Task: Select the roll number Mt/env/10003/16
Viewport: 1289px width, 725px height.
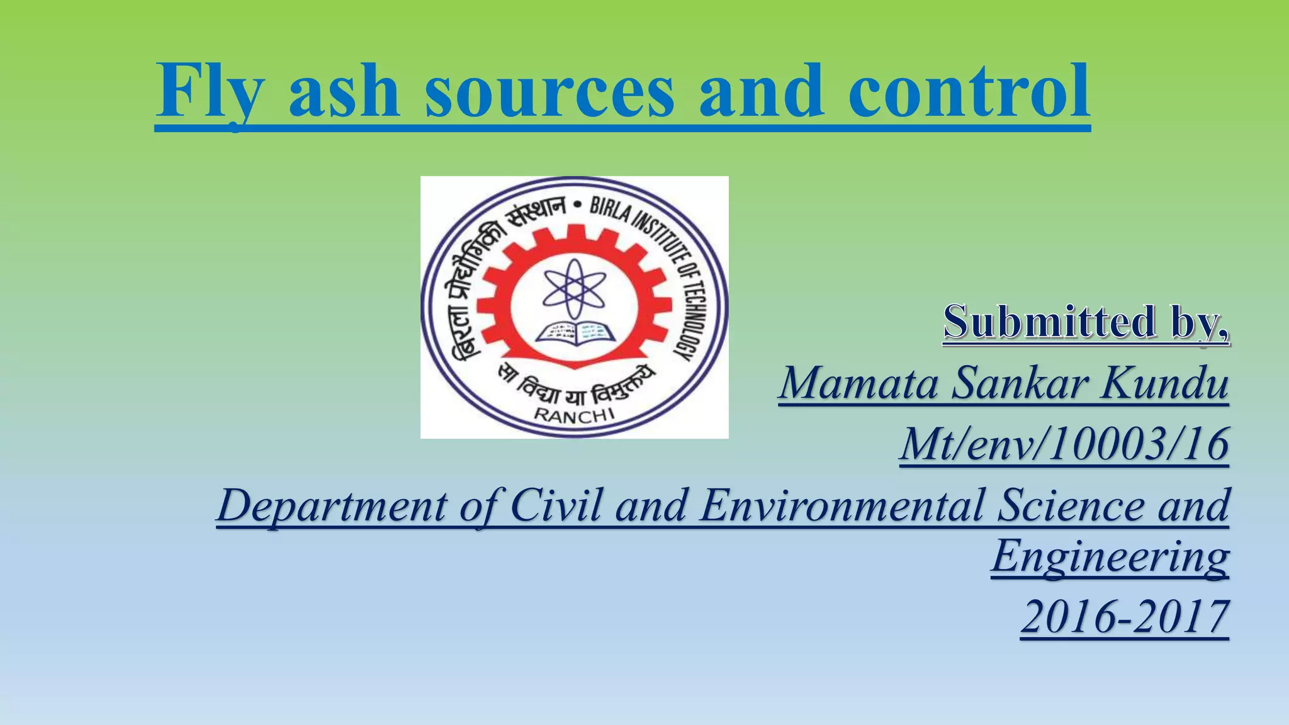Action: (x=1064, y=444)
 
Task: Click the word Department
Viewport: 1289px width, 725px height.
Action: (x=331, y=506)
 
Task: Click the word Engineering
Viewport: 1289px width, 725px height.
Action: (x=1110, y=556)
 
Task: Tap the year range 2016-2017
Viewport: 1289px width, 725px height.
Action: (x=1125, y=617)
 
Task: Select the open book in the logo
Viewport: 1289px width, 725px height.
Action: (x=574, y=334)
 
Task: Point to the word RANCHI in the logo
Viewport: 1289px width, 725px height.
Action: (x=574, y=414)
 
